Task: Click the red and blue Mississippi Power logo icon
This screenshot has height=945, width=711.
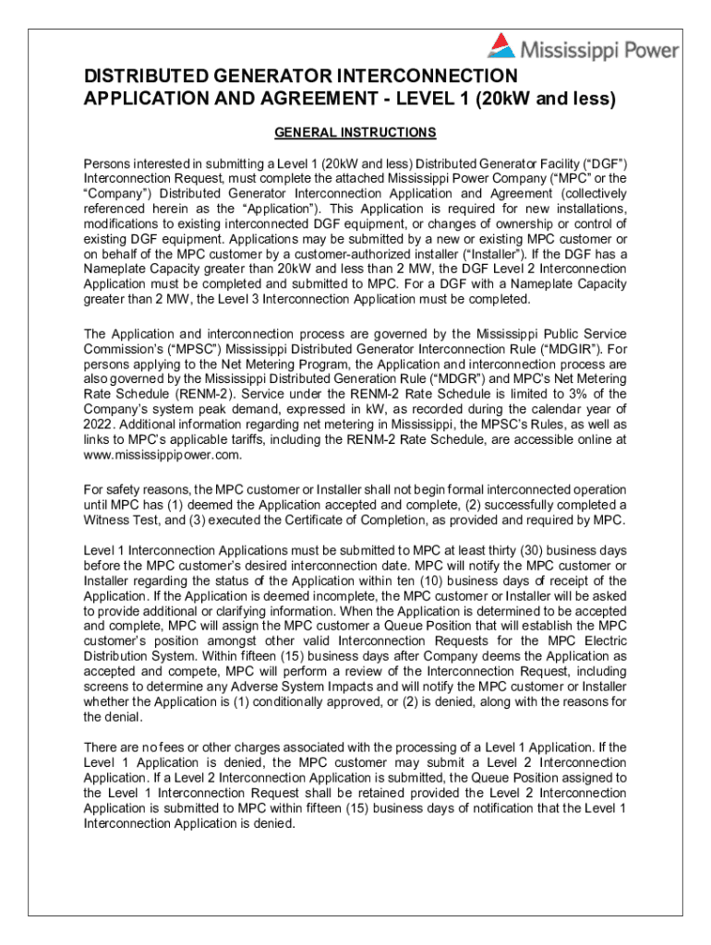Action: [501, 46]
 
